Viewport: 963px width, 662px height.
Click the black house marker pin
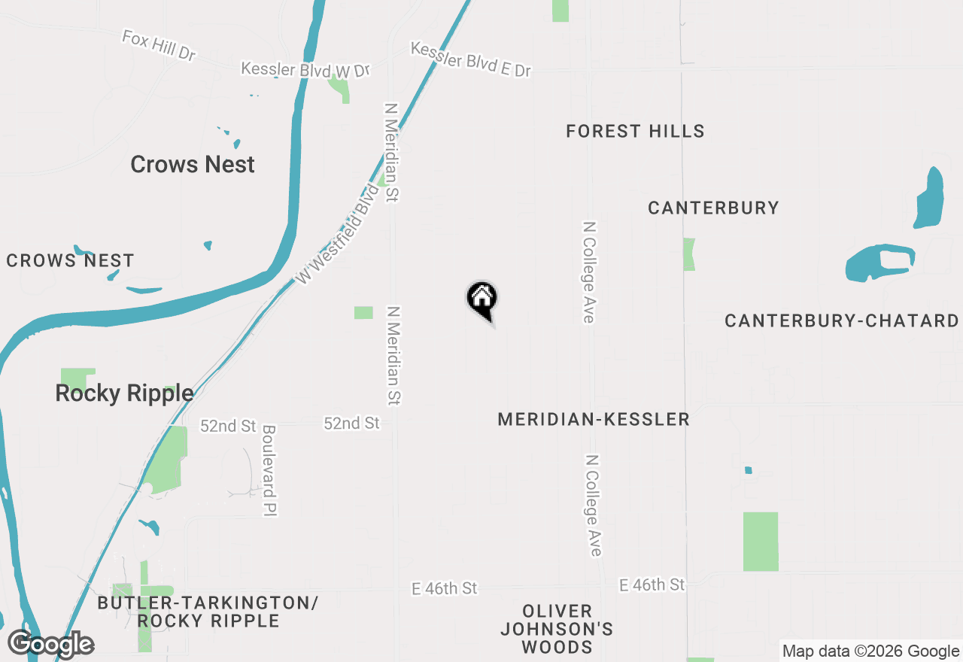pos(482,299)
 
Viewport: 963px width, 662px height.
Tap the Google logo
pos(50,644)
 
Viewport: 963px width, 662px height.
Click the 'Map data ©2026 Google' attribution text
pos(870,651)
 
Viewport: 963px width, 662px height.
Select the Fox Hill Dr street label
pos(158,45)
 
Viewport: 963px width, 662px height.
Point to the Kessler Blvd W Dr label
pos(305,69)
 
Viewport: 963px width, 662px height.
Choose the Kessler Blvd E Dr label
pos(471,59)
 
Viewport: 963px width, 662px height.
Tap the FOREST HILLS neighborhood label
pos(635,132)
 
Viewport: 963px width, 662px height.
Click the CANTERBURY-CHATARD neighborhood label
pos(841,321)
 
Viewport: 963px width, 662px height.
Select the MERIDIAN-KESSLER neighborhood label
pos(594,419)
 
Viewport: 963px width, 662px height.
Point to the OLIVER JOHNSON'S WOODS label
pos(557,628)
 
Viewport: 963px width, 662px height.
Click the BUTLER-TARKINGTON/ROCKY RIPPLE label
pos(208,612)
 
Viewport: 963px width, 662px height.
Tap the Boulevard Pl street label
pos(269,470)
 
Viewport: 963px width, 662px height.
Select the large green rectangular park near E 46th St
pos(761,541)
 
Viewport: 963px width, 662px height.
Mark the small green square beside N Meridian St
pos(363,312)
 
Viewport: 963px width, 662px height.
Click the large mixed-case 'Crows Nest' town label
pos(193,165)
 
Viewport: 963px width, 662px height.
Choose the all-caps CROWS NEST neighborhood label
pos(70,261)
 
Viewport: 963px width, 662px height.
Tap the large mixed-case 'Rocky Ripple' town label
pos(124,393)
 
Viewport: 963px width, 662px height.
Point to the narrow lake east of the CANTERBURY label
pos(930,197)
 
